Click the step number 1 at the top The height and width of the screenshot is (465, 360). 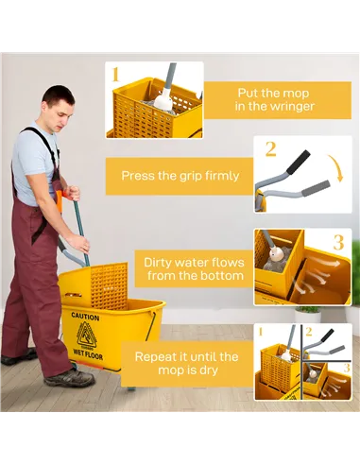click(x=116, y=74)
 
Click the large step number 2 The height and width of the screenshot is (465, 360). click(x=270, y=148)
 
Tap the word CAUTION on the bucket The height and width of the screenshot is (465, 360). click(x=84, y=317)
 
